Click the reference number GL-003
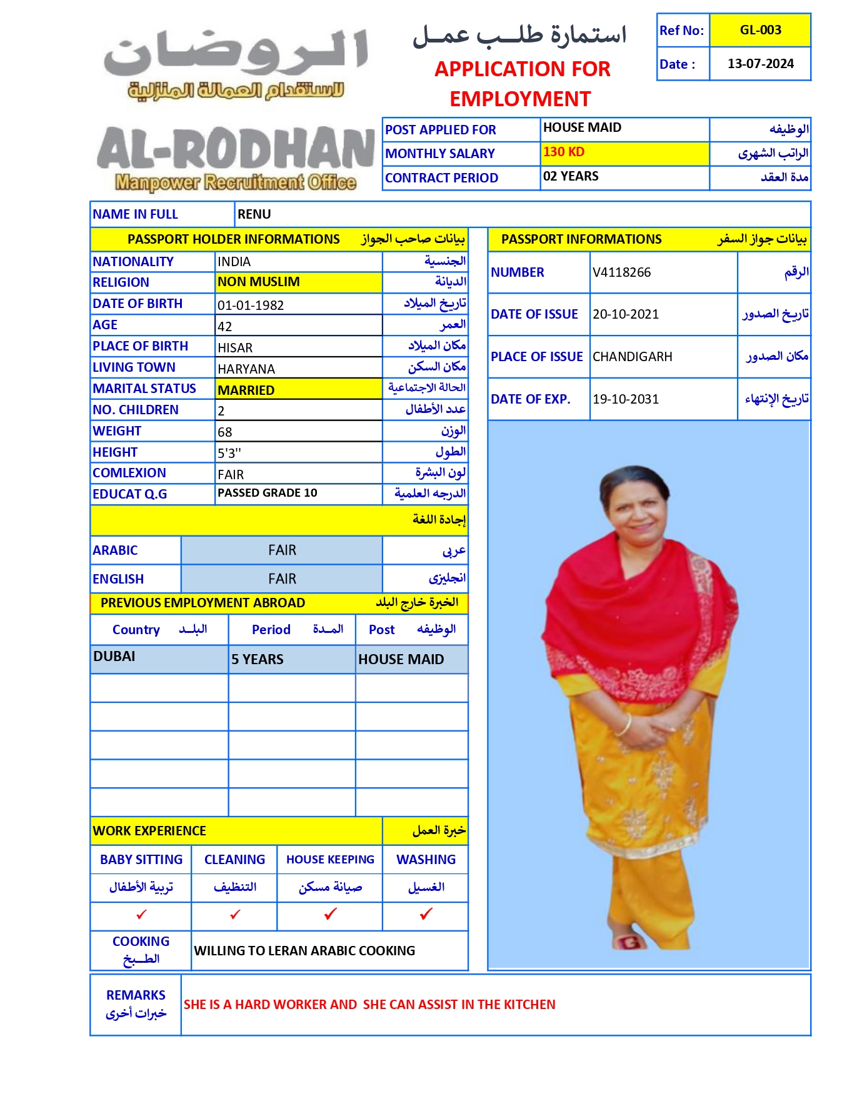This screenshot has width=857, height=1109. coord(760,30)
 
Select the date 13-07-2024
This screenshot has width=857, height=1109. coord(760,64)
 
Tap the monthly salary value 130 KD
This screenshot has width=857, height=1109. coord(564,152)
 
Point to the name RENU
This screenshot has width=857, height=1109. coord(254,214)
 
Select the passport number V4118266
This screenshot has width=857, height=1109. coord(621,272)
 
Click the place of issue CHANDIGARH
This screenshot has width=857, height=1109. coord(632,357)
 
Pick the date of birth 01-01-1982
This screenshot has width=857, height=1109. coord(251,306)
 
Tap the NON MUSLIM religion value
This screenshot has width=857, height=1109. coord(259,282)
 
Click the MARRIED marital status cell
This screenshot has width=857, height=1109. coord(246,390)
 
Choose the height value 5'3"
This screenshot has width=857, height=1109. coord(229,453)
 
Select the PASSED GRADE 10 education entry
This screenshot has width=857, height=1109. coord(268,493)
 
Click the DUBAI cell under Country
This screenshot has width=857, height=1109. coord(114,657)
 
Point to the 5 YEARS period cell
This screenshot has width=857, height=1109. coord(258,660)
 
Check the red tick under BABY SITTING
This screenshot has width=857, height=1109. coord(142,915)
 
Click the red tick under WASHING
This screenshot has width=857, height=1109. coord(426,914)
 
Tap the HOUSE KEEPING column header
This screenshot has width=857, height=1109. coord(330,860)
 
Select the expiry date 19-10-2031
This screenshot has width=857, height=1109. coord(626,399)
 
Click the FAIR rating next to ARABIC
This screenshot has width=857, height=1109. coord(282,550)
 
